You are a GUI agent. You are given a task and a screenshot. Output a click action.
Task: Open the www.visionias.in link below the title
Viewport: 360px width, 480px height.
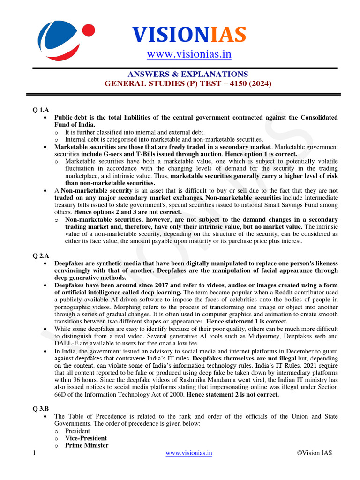pos(189,55)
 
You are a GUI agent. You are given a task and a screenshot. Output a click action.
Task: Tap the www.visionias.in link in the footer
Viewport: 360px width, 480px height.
pos(189,453)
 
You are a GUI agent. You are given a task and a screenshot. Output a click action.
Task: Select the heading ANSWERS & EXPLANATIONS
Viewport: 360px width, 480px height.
pos(187,75)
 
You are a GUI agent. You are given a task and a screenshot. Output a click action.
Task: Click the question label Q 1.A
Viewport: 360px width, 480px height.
pos(41,110)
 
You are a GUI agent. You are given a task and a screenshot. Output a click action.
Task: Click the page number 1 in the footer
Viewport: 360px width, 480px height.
pos(35,453)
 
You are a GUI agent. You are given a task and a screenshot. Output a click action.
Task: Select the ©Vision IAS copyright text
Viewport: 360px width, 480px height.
pos(315,453)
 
